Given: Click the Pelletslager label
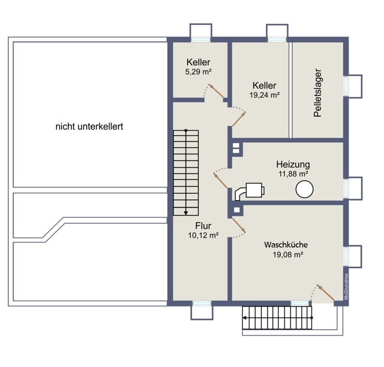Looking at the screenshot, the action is (x=318, y=93).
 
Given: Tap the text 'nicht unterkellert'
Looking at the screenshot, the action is (x=89, y=127).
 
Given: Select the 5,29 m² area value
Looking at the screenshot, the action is (x=198, y=72).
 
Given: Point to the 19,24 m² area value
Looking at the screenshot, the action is (x=265, y=95).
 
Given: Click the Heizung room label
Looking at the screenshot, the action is (x=293, y=164).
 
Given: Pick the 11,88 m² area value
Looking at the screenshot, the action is (x=293, y=174).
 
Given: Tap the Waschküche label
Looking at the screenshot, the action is (x=286, y=245).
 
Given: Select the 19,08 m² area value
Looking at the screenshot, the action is (x=288, y=255).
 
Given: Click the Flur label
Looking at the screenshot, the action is (x=203, y=226).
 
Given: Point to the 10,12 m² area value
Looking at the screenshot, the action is (x=203, y=236).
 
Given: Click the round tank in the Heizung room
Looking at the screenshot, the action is (x=304, y=189).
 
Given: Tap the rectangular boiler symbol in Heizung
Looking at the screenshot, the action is (x=255, y=190).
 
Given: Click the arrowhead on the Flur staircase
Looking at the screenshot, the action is (x=186, y=213).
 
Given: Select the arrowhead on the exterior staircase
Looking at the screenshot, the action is (x=245, y=318).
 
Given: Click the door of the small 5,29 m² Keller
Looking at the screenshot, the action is (x=216, y=91).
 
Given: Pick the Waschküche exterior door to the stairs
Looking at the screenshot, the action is (x=326, y=292).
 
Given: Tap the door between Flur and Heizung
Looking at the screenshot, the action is (x=220, y=181).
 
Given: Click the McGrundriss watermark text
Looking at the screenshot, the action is (x=346, y=286).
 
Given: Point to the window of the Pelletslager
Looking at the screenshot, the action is (x=346, y=86).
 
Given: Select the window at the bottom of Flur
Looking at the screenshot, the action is (x=202, y=304).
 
